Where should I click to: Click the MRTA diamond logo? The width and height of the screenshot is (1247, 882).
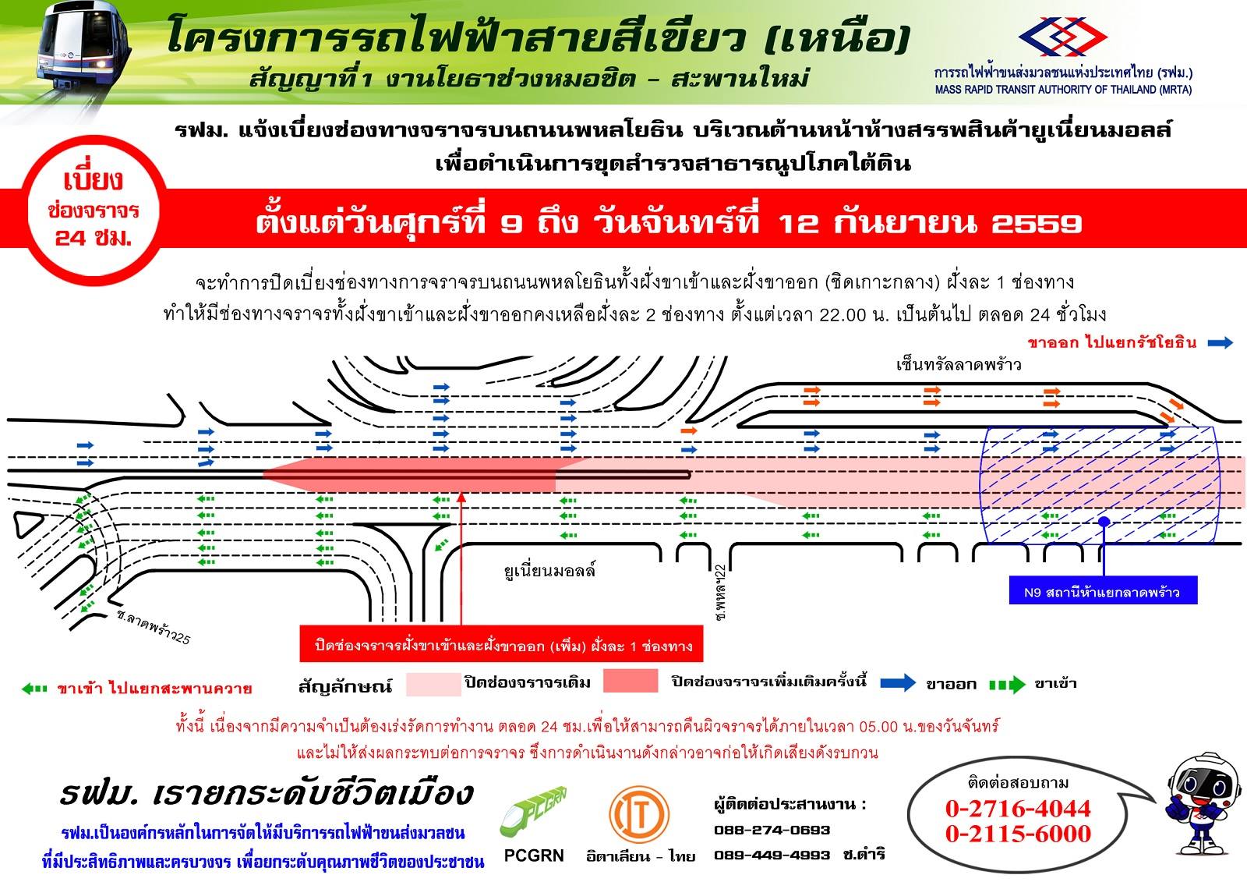click(1063, 36)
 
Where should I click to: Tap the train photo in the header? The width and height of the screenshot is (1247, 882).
click(83, 55)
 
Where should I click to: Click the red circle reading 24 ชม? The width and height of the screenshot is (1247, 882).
click(93, 210)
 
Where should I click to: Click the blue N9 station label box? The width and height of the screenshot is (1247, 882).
click(1103, 590)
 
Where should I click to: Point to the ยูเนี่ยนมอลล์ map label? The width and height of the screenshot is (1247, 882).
click(549, 571)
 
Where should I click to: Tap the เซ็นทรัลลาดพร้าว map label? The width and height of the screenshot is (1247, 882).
click(959, 365)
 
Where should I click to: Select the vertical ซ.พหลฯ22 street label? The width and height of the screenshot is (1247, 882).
click(720, 592)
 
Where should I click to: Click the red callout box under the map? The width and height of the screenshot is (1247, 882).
click(501, 646)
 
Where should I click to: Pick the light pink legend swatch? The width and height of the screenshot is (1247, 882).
click(433, 683)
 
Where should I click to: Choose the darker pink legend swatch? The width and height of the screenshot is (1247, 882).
click(631, 680)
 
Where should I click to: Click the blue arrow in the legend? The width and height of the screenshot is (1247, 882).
click(898, 682)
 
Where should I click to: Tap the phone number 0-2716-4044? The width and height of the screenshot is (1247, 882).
click(1018, 809)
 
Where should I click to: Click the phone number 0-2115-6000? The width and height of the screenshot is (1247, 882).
click(1018, 834)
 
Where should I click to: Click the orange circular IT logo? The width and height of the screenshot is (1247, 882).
click(639, 814)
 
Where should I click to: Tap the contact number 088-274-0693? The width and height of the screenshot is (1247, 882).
click(772, 831)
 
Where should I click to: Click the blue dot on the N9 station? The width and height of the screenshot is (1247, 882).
click(1104, 522)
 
